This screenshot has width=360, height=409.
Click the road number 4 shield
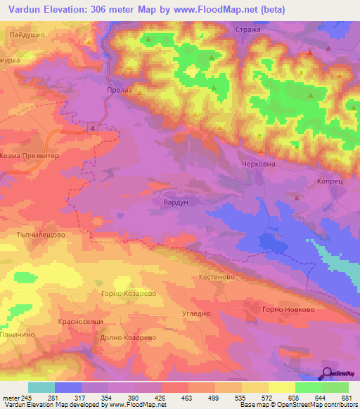tap(91, 126)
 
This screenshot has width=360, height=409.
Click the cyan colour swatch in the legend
tap(41, 387)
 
